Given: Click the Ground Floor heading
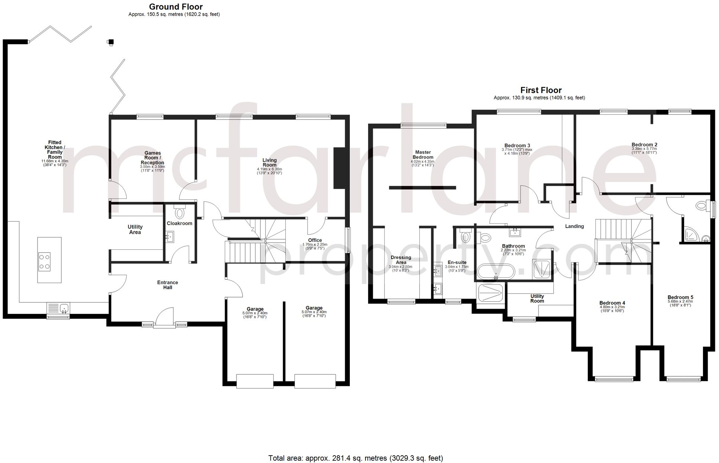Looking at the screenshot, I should (x=176, y=7).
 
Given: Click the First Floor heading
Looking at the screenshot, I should (x=541, y=90).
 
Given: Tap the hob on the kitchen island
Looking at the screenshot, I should (x=45, y=262).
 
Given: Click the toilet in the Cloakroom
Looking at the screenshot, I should (x=179, y=213).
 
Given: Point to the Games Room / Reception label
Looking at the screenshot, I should (x=152, y=158).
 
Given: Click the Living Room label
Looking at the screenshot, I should (x=270, y=162).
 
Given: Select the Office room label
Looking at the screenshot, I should (x=315, y=240).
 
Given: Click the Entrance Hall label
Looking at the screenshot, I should (x=167, y=285).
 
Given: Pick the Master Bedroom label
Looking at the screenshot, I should (x=423, y=155).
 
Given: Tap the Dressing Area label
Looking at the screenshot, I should (x=401, y=260).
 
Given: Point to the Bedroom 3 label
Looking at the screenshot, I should (x=517, y=145).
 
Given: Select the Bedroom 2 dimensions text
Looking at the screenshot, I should (x=644, y=151).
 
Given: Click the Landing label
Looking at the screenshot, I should (x=574, y=226).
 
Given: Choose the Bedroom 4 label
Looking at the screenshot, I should (x=612, y=303).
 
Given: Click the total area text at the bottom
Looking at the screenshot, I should (x=355, y=458).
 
